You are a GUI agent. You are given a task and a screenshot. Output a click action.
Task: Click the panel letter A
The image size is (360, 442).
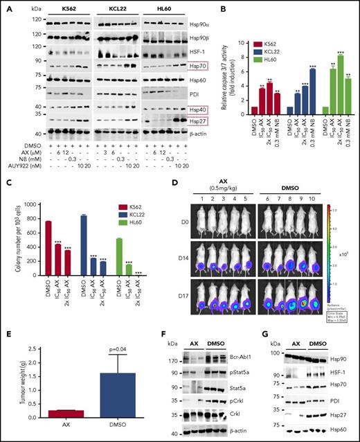pyautogui.click(x=6, y=7)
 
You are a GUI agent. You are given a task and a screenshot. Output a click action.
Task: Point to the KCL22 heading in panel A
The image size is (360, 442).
pyautogui.click(x=112, y=7)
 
